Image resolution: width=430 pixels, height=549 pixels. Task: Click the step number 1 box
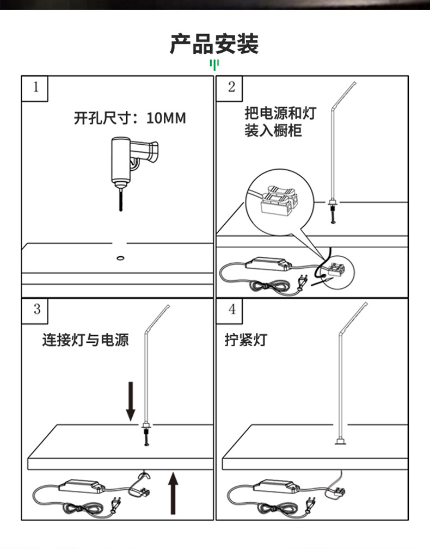[35, 88]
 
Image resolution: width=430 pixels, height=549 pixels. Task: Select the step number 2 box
[231, 88]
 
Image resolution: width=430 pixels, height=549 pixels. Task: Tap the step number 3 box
[36, 310]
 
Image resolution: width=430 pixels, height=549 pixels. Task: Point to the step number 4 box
[232, 310]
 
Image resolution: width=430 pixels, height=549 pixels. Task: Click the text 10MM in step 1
[166, 118]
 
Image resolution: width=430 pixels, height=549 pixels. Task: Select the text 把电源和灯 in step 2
[280, 114]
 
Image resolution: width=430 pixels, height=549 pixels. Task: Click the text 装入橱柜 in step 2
[273, 131]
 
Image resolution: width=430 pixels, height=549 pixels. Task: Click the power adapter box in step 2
[268, 265]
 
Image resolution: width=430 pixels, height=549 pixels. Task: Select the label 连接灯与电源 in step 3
[85, 341]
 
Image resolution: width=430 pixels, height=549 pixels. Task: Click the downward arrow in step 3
[131, 401]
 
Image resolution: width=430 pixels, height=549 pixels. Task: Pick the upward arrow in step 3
[173, 493]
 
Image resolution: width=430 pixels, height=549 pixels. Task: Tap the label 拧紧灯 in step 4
[245, 341]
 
